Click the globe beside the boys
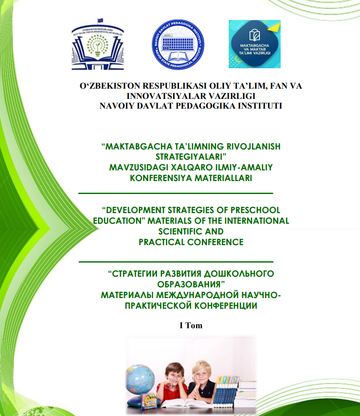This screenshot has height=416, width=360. (x=141, y=378)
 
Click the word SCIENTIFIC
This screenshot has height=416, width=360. (x=191, y=231)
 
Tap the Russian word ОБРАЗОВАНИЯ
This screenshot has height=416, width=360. (x=191, y=283)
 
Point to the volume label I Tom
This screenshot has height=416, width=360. (x=191, y=325)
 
